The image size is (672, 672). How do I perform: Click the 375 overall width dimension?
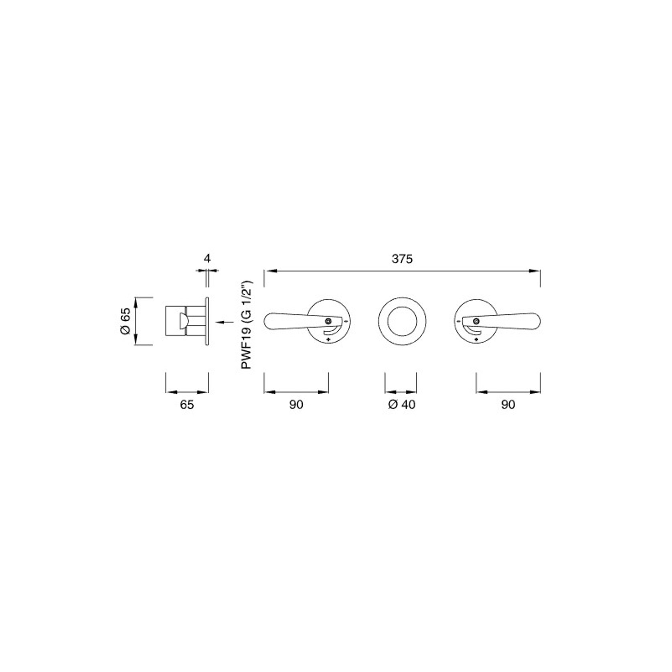[x=402, y=259]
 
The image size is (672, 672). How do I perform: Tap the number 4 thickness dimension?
[x=207, y=259]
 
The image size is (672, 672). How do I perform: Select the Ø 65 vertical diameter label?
[x=125, y=321]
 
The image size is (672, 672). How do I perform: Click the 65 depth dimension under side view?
[x=187, y=405]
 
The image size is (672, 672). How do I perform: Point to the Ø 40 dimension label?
[x=402, y=405]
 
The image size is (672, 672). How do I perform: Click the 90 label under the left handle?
[x=296, y=405]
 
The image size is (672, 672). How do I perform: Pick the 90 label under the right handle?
[x=508, y=405]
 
